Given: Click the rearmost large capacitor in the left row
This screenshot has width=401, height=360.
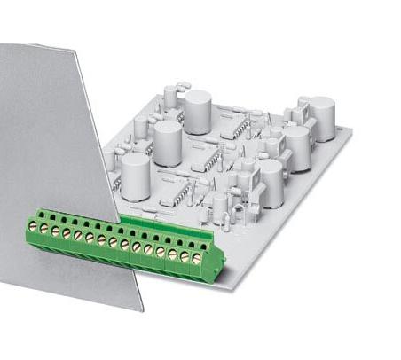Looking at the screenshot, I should pyautogui.click(x=197, y=110).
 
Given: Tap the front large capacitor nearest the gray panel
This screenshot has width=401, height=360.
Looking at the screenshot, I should pyautogui.click(x=135, y=173).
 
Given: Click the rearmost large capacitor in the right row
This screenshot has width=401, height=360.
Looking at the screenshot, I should pyautogui.click(x=320, y=114).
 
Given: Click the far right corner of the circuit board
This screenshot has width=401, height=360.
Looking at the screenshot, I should pyautogui.click(x=350, y=132).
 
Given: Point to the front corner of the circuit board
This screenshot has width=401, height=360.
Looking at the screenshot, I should pyautogui.click(x=228, y=285).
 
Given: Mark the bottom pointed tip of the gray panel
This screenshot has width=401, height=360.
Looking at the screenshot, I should pyautogui.click(x=142, y=310).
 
